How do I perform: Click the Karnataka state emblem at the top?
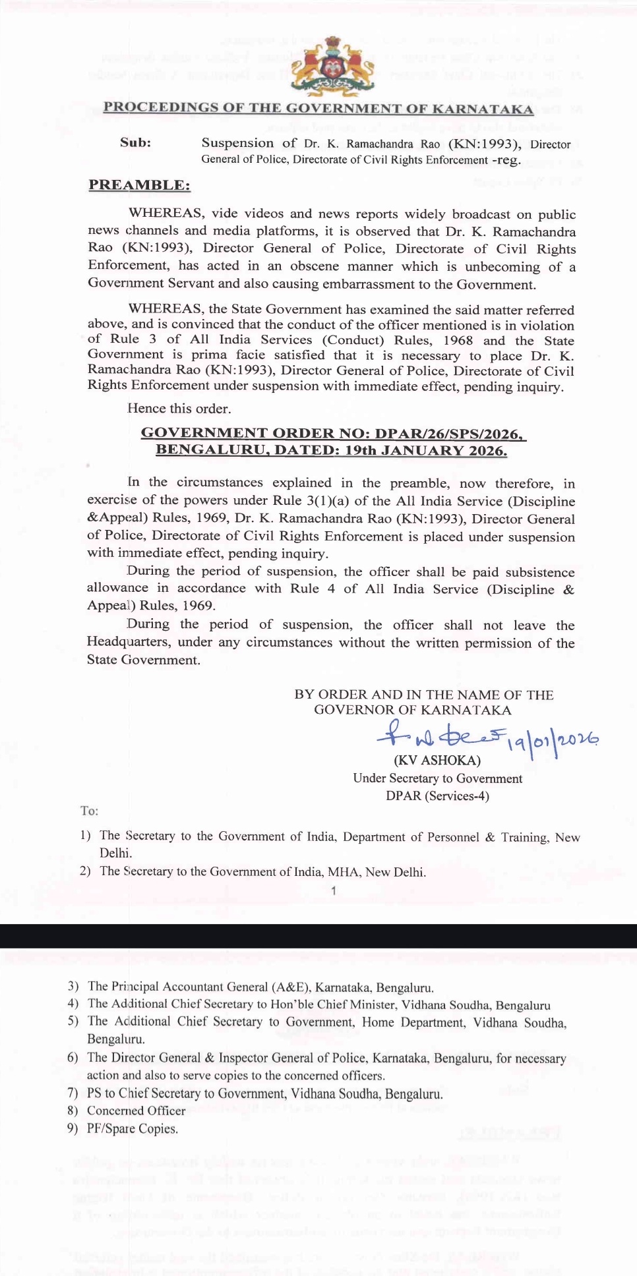pyautogui.click(x=333, y=66)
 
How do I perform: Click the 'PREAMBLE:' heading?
pyautogui.click(x=139, y=185)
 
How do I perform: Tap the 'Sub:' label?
pyautogui.click(x=135, y=142)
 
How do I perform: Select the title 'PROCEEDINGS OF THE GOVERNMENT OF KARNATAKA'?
pyautogui.click(x=318, y=109)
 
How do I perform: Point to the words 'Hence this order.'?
pyautogui.click(x=179, y=409)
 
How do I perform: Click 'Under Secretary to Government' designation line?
pyautogui.click(x=437, y=778)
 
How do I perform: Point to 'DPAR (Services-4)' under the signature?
pyautogui.click(x=437, y=796)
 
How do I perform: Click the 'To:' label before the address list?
pyautogui.click(x=89, y=811)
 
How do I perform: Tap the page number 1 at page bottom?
pyautogui.click(x=334, y=891)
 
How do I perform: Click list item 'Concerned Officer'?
pyautogui.click(x=136, y=1111)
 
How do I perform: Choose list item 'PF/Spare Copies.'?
pyautogui.click(x=132, y=1128)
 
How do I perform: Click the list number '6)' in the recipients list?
pyautogui.click(x=73, y=1058)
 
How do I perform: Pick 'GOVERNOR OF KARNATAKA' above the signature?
pyautogui.click(x=412, y=710)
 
